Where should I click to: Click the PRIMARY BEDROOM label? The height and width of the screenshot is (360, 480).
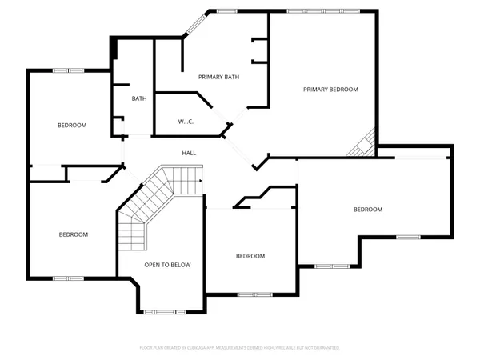coord(330,90)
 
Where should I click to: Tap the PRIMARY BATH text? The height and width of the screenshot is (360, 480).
coord(219,77)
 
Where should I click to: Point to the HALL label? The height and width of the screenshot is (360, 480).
coord(189,153)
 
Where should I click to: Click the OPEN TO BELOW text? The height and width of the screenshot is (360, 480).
coord(167,265)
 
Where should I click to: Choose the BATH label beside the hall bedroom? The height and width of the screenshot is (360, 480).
coord(139,99)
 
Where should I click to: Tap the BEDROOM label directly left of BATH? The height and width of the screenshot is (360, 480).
coord(72,126)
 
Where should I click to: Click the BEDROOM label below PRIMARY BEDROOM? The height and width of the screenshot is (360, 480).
coord(368,210)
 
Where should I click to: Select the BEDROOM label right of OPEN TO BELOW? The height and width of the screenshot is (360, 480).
coord(250,256)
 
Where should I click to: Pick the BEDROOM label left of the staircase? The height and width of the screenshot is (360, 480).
coord(73,234)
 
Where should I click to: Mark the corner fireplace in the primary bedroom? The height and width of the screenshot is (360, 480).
coord(365,145)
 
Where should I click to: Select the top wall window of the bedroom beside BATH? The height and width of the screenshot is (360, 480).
coord(64,71)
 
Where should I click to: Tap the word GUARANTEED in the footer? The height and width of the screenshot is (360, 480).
coord(326,348)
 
